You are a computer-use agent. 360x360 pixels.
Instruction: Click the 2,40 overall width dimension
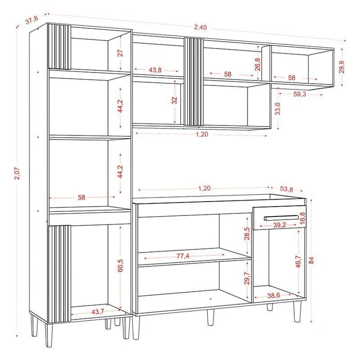tap(201, 27)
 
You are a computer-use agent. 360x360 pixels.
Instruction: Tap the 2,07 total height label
tap(17, 173)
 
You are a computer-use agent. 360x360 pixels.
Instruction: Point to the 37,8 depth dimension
tap(32, 20)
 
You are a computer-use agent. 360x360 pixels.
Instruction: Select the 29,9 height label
tap(342, 67)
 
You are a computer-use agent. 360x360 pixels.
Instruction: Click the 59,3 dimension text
tap(300, 94)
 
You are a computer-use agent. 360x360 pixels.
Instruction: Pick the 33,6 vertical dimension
tap(278, 109)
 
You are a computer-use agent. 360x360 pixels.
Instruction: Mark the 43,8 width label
tap(155, 70)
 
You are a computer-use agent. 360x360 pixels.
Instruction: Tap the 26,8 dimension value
tap(258, 64)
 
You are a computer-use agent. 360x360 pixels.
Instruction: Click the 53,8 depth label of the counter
tap(286, 189)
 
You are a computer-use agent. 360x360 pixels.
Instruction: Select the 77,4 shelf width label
tap(183, 256)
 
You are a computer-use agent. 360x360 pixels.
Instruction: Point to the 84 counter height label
tap(311, 260)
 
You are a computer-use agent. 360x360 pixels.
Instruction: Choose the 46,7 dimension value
tap(298, 261)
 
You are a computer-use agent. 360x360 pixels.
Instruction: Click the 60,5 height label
tap(120, 265)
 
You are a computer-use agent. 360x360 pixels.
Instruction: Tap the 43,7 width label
tap(98, 312)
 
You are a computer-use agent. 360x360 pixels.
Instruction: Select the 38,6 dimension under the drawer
tap(274, 295)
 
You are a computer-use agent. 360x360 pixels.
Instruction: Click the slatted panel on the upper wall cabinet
tap(194, 81)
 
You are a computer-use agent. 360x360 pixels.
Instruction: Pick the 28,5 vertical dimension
tap(247, 233)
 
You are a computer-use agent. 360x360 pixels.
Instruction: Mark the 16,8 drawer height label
tap(302, 218)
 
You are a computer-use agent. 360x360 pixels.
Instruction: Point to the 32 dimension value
tap(175, 100)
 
